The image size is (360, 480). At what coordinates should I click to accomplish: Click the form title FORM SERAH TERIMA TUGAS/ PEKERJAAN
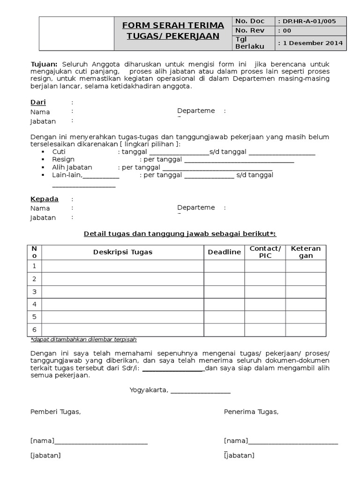(x=172, y=30)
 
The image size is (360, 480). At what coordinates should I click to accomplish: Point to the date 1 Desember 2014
(x=312, y=43)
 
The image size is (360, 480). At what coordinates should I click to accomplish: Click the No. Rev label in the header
(x=249, y=30)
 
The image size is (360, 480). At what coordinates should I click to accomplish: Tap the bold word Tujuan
(x=44, y=64)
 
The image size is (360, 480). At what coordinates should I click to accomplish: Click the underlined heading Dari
(x=38, y=102)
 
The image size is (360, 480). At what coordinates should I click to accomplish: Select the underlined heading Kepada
(x=45, y=199)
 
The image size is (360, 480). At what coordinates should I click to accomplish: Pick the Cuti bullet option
(x=59, y=152)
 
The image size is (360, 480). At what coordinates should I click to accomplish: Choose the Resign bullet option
(x=63, y=160)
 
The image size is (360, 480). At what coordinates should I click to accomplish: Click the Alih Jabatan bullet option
(x=72, y=167)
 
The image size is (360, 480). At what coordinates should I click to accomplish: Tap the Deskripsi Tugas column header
(x=122, y=252)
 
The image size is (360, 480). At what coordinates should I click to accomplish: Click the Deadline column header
(x=224, y=252)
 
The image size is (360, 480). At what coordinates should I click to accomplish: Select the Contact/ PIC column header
(x=265, y=252)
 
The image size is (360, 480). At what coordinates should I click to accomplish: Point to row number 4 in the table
(x=34, y=304)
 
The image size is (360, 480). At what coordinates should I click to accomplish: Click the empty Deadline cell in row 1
(x=224, y=266)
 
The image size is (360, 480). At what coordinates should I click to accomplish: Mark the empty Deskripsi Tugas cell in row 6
(x=122, y=330)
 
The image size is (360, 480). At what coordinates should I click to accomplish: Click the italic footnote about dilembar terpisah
(x=83, y=339)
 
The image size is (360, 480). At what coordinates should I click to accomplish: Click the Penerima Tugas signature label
(x=251, y=412)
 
